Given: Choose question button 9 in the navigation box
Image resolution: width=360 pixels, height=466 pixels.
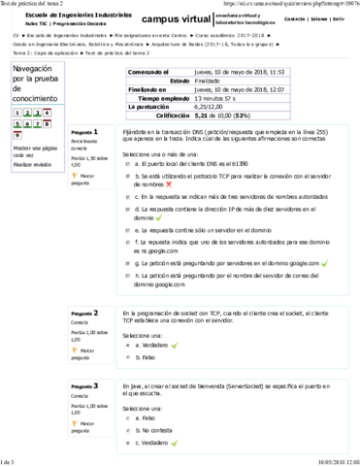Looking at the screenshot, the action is click(17, 134).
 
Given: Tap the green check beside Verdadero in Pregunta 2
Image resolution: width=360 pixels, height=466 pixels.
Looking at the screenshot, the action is click(173, 345).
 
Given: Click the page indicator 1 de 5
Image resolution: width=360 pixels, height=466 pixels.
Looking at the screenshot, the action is click(12, 460).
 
